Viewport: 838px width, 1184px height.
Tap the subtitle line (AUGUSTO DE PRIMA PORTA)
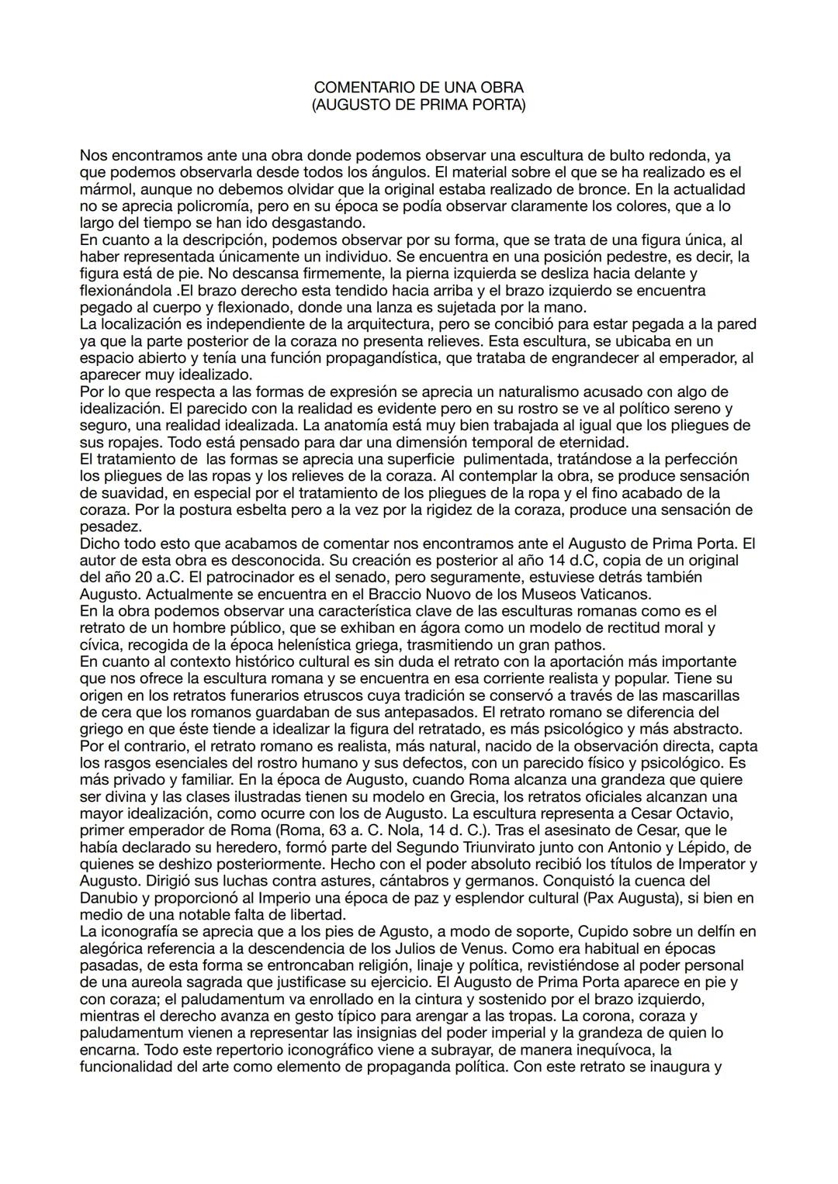418,105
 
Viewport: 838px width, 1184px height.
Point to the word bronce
603,189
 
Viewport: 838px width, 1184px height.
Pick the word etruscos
359,695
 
